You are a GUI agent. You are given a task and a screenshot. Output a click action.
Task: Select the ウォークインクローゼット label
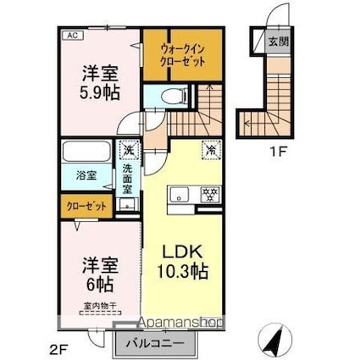click(x=182, y=56)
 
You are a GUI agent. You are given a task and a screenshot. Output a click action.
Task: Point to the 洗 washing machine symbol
click(x=127, y=149)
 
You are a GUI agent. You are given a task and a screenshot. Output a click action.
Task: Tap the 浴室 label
click(x=86, y=175)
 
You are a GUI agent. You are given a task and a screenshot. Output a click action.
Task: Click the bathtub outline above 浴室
click(x=85, y=155)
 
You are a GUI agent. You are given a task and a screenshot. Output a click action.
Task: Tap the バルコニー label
click(x=155, y=343)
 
